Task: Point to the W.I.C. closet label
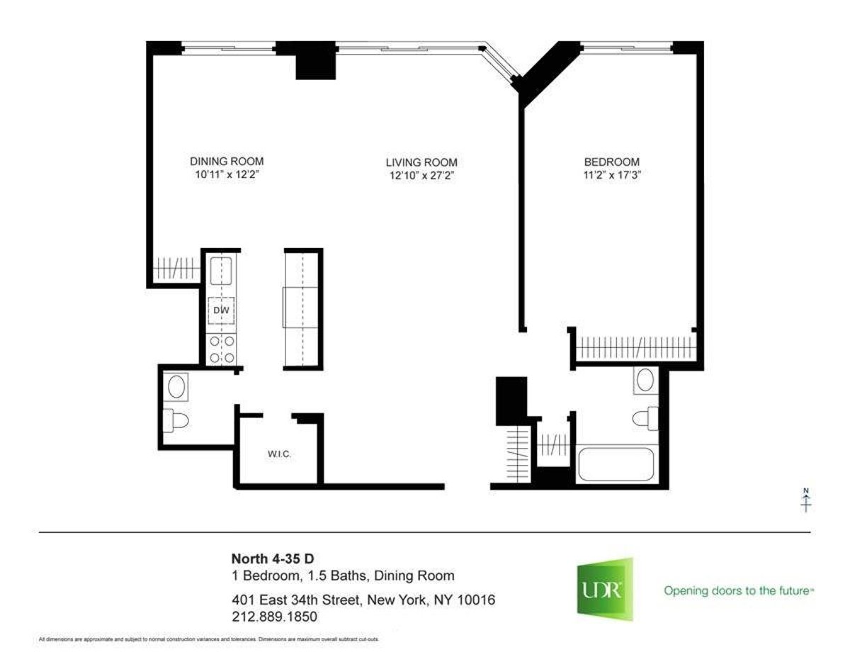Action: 278,455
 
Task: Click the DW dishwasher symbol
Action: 222,309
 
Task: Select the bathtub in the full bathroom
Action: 617,465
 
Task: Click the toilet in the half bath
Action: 177,421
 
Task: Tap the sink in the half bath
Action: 176,388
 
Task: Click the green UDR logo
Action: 604,590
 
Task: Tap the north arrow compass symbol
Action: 805,500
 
